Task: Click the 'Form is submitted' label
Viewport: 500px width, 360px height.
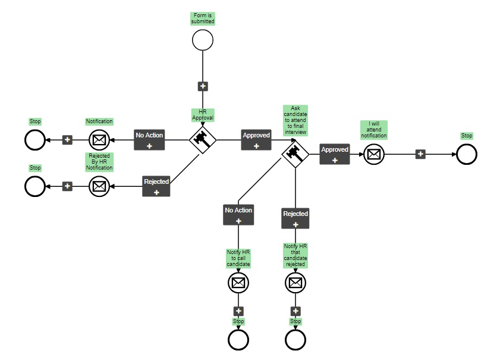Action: [x=203, y=18]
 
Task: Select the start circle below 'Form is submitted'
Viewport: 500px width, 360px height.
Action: [x=203, y=40]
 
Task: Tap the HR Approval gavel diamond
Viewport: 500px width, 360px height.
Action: [x=202, y=140]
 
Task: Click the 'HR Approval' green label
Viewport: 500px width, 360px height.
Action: [x=202, y=115]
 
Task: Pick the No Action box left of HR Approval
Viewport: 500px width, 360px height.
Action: [x=149, y=140]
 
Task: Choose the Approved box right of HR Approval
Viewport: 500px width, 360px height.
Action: [x=256, y=140]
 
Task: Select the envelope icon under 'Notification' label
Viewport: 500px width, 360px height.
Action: [x=99, y=140]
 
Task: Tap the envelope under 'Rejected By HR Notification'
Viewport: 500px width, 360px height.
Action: [x=99, y=186]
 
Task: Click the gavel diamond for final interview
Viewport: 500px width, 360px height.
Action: [x=295, y=155]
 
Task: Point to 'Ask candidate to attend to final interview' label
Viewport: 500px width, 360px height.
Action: [x=295, y=121]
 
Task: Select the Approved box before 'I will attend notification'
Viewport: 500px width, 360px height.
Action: [x=335, y=154]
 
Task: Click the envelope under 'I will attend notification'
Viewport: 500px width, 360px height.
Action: [x=374, y=154]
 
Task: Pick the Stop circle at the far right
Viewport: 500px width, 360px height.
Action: [x=467, y=154]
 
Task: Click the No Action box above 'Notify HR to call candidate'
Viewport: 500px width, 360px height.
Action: [x=238, y=215]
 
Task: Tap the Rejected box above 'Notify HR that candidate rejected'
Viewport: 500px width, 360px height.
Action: [x=295, y=218]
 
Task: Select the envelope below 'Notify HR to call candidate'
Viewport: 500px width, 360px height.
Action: [x=238, y=283]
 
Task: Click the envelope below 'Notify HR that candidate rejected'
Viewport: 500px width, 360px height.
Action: [x=295, y=283]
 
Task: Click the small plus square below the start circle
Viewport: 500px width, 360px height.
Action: [x=203, y=86]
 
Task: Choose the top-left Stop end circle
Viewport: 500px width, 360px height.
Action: [x=35, y=140]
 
